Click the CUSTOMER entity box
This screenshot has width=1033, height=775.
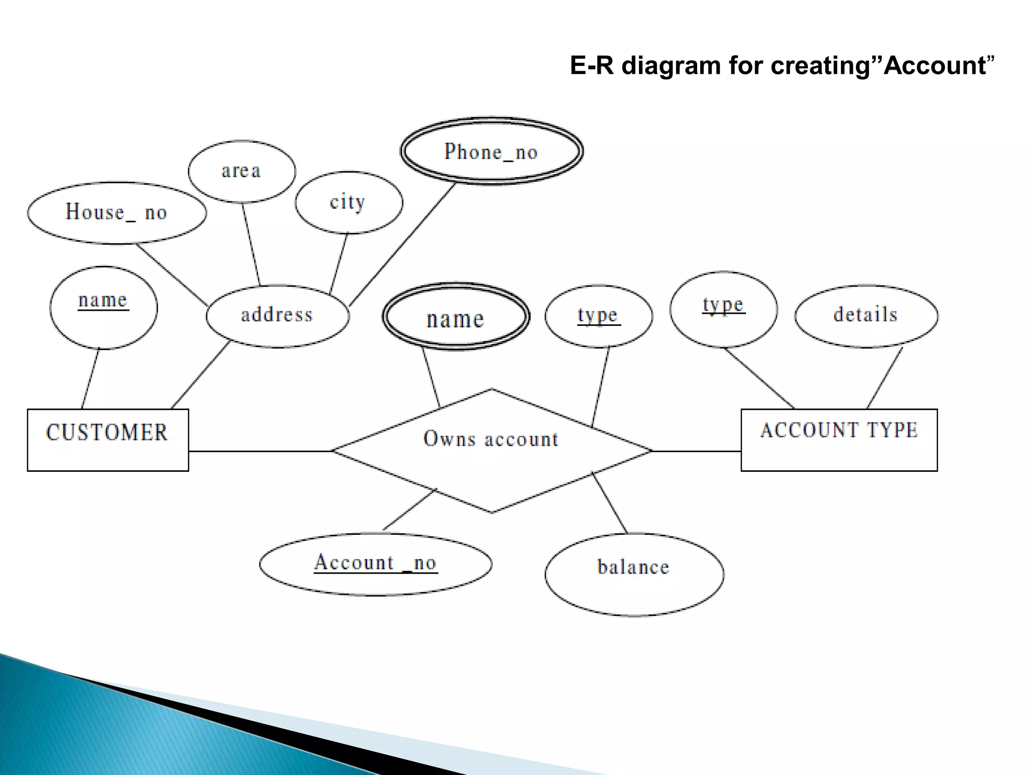108,440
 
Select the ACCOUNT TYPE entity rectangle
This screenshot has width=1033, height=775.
839,440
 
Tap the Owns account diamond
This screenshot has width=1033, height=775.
492,451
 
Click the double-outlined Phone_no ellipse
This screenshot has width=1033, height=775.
492,151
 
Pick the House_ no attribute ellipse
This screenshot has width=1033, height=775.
117,213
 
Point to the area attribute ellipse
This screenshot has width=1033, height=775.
242,172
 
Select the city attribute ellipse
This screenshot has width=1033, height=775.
349,202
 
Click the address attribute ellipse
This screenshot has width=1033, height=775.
277,316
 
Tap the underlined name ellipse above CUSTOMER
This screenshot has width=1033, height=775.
103,307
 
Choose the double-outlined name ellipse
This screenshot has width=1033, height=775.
455,317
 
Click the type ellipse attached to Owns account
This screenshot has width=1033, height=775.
599,316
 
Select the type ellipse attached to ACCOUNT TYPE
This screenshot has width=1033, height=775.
723,309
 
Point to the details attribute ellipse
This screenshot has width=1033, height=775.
866,316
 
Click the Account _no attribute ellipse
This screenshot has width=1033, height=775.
376,564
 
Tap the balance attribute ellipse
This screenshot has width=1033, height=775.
634,574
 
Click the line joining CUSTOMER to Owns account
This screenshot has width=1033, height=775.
260,451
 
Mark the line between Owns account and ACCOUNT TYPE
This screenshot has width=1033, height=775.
696,451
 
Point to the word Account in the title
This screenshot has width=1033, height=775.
935,66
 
